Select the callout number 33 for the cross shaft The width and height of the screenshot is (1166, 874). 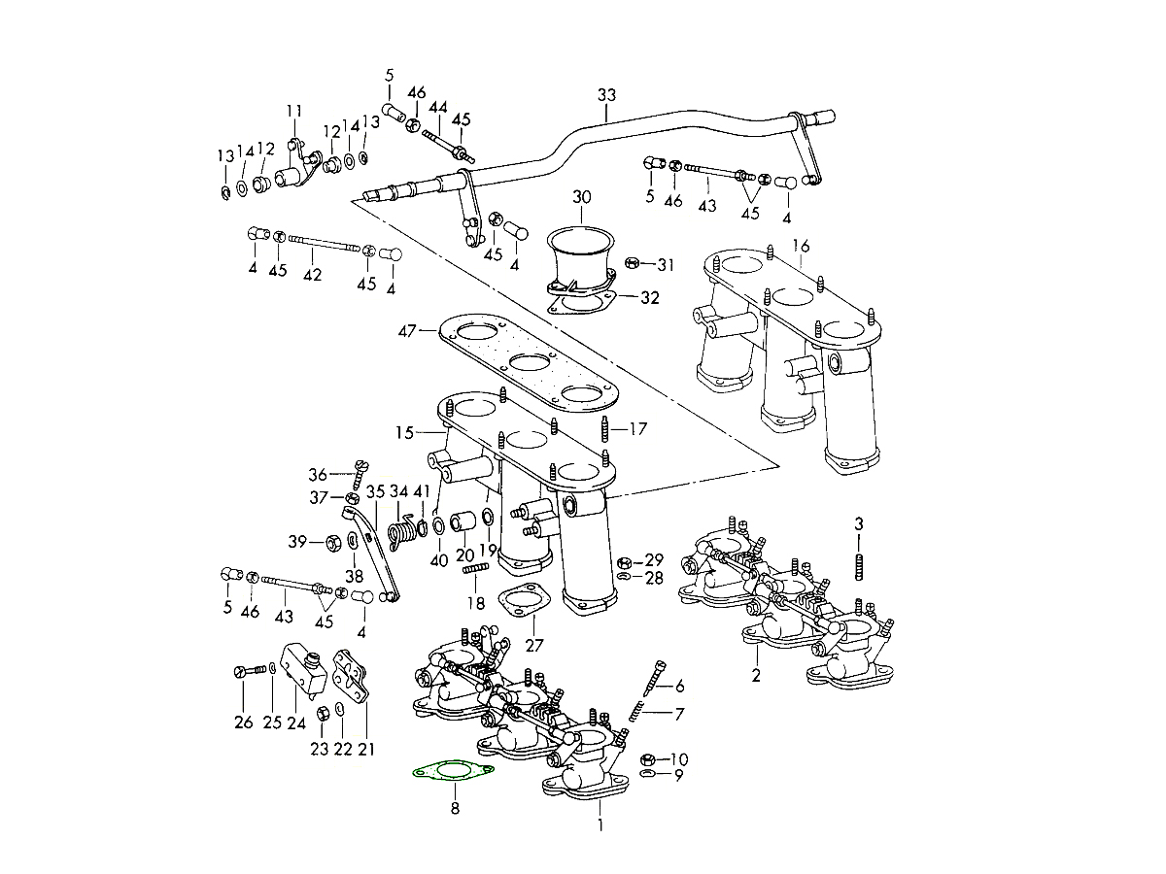(x=607, y=95)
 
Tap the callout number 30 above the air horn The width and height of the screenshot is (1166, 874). (x=581, y=197)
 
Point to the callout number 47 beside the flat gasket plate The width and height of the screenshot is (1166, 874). (x=405, y=331)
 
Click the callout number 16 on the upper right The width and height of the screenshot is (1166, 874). (x=800, y=245)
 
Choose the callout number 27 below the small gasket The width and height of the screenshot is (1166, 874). (x=535, y=645)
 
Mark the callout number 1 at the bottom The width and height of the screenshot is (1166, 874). (x=600, y=826)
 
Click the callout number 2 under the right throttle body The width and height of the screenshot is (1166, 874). (x=756, y=676)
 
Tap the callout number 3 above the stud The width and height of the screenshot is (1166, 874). (x=858, y=524)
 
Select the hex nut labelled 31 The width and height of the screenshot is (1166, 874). (x=631, y=263)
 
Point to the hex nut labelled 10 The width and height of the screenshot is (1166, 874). (x=648, y=758)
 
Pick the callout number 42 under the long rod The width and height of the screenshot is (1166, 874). (x=312, y=275)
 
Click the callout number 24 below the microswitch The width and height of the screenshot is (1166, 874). (x=295, y=722)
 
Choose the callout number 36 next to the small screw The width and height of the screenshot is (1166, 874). (x=318, y=475)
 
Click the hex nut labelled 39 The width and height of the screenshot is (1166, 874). (x=329, y=542)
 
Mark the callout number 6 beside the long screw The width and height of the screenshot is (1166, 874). (x=679, y=686)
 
